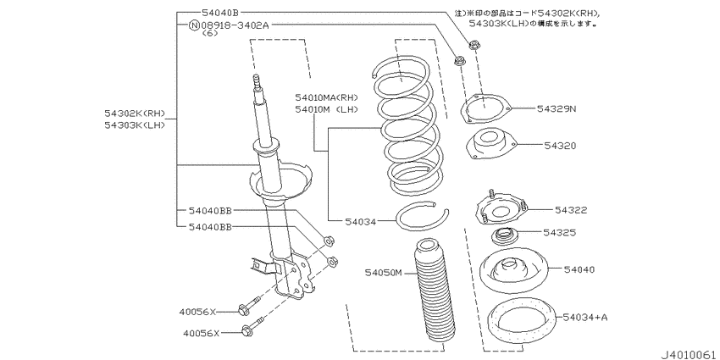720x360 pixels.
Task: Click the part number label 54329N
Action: pos(556,108)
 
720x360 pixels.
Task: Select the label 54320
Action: pos(560,146)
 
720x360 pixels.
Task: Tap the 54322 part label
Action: pos(571,210)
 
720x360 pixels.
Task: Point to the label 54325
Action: pos(560,233)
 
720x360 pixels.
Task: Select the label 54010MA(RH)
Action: pos(326,97)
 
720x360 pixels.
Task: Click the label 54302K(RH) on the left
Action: pos(134,114)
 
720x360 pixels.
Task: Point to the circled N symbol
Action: pos(194,25)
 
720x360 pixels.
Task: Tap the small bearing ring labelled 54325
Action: pos(505,237)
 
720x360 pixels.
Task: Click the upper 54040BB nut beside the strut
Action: pos(329,241)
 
